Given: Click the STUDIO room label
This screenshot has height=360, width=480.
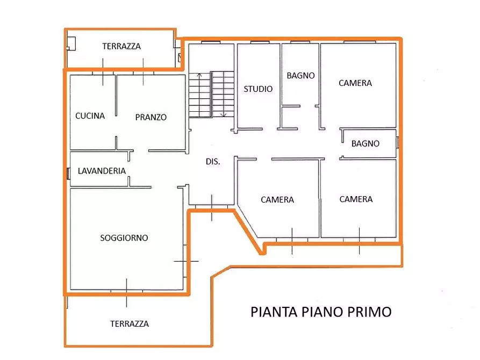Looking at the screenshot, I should pyautogui.click(x=258, y=89).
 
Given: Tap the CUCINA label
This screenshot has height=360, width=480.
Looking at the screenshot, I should pyautogui.click(x=90, y=116).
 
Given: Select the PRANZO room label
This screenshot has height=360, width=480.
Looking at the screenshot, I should pyautogui.click(x=151, y=117).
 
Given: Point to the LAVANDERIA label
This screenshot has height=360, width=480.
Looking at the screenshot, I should pyautogui.click(x=102, y=171).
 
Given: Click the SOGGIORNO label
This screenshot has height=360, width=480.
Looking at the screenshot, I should pyautogui.click(x=124, y=237).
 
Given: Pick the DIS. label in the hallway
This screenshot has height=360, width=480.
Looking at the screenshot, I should pyautogui.click(x=213, y=161).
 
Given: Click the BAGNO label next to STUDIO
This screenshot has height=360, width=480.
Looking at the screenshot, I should pyautogui.click(x=300, y=76).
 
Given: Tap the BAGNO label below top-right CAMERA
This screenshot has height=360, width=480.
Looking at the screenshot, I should pyautogui.click(x=366, y=143).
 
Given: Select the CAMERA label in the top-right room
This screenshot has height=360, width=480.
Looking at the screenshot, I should pyautogui.click(x=355, y=83).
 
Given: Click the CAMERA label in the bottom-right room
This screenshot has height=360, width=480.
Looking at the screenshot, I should pyautogui.click(x=356, y=199).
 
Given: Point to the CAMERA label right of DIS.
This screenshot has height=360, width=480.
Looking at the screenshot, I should pyautogui.click(x=277, y=199).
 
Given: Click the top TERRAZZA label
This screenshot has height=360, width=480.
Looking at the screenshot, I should pyautogui.click(x=121, y=46).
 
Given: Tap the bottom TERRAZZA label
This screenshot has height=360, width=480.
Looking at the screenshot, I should pyautogui.click(x=130, y=323).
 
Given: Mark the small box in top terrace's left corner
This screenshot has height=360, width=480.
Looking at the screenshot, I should pyautogui.click(x=71, y=43).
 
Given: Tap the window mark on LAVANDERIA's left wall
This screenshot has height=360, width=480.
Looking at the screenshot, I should pyautogui.click(x=68, y=173).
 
